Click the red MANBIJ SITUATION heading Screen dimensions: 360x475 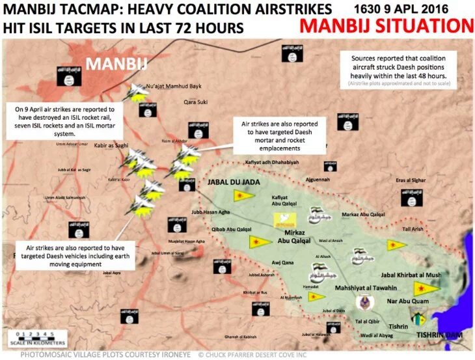point(387,27)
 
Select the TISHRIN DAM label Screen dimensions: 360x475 point(439,335)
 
